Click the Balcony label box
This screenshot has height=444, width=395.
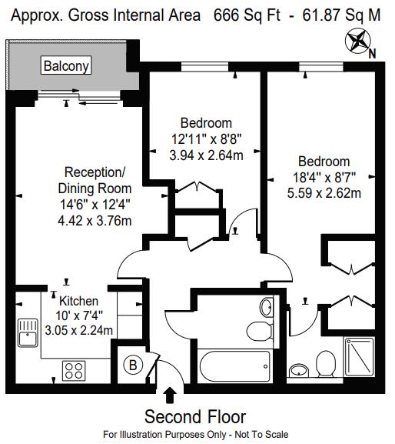click(x=66, y=65)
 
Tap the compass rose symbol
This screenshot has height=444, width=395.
click(x=358, y=40)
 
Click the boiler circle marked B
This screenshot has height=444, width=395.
click(x=133, y=365)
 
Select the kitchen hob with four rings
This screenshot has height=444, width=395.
click(x=74, y=371)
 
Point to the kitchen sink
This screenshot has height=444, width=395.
click(x=28, y=332)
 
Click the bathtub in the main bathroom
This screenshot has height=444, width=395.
click(x=235, y=366)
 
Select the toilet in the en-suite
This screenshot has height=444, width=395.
click(x=326, y=364)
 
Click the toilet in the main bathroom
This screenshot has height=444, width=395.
click(x=260, y=331)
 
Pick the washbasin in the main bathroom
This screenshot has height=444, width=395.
click(x=267, y=307)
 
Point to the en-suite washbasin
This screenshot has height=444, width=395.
click(x=299, y=370)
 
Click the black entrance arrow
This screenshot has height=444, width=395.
click(x=170, y=395)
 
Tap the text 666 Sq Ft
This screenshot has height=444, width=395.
click(x=247, y=15)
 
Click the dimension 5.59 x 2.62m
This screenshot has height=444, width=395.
click(x=324, y=193)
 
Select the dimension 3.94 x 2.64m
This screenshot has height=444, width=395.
click(x=206, y=155)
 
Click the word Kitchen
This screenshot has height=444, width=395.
click(x=79, y=301)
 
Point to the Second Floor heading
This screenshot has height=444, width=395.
click(x=195, y=417)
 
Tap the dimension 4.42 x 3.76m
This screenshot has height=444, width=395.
click(x=95, y=221)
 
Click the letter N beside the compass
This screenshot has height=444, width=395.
click(x=372, y=54)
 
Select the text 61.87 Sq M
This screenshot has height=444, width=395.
click(x=341, y=15)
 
